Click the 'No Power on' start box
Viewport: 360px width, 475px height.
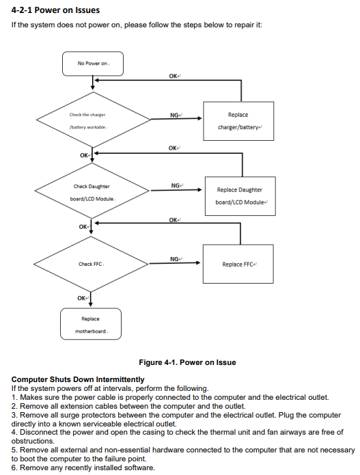tap(93, 64)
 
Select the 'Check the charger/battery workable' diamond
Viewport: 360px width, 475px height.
tap(94, 120)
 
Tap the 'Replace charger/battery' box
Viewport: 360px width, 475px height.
tap(238, 121)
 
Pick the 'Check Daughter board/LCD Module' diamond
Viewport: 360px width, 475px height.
tap(92, 191)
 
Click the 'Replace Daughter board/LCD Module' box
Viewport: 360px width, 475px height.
tap(240, 196)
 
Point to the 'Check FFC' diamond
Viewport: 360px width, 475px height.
tap(91, 264)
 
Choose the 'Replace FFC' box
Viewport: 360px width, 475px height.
tap(238, 264)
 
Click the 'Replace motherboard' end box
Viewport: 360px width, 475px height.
tap(91, 324)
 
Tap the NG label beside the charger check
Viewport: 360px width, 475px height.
tap(174, 115)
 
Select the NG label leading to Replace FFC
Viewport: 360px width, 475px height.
tap(174, 259)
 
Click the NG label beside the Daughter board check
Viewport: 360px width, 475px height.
tap(176, 185)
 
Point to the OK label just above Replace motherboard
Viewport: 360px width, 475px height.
tap(81, 298)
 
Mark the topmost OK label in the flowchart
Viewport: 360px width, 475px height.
tap(174, 76)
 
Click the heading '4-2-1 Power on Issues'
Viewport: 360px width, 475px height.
tap(55, 10)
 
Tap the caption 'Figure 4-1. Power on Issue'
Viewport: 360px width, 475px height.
tap(187, 362)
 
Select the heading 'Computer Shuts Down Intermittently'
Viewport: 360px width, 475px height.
tap(78, 379)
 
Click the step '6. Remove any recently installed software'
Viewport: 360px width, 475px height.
tap(83, 467)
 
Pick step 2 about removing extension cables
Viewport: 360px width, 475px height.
tap(128, 406)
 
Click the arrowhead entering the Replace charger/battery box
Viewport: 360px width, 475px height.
tap(199, 118)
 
